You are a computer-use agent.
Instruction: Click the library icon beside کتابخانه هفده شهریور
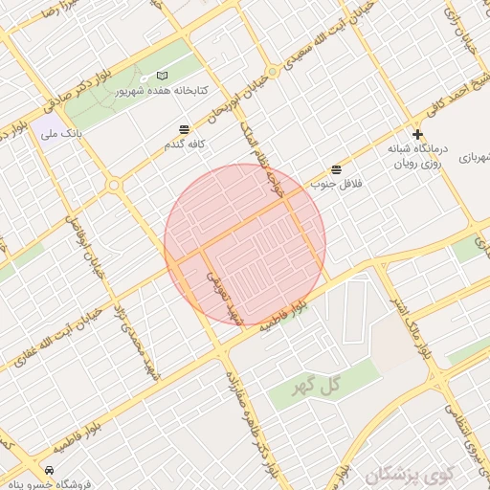162,76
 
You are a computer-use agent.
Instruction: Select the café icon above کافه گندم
184,129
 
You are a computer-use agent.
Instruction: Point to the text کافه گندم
185,144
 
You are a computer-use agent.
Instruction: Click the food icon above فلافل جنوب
336,169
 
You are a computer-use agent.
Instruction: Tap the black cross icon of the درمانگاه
417,134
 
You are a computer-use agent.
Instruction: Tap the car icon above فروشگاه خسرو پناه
49,470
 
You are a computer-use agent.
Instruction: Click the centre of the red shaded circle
245,244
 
